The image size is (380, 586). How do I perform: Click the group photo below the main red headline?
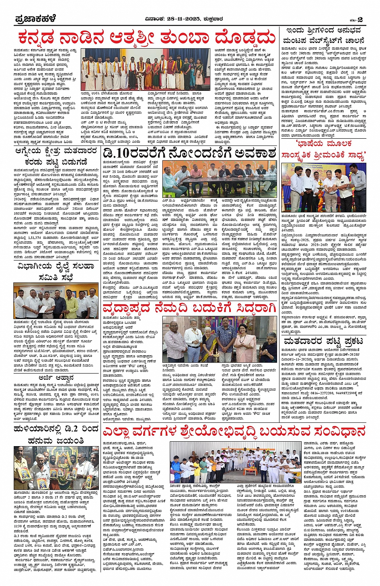click(145, 70)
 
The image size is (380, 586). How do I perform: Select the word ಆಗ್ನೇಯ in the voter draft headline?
click(32, 151)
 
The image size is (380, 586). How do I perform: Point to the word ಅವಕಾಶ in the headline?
click(255, 153)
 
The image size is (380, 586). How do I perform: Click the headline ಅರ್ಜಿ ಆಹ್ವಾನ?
click(56, 378)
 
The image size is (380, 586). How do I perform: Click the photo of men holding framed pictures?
click(56, 468)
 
